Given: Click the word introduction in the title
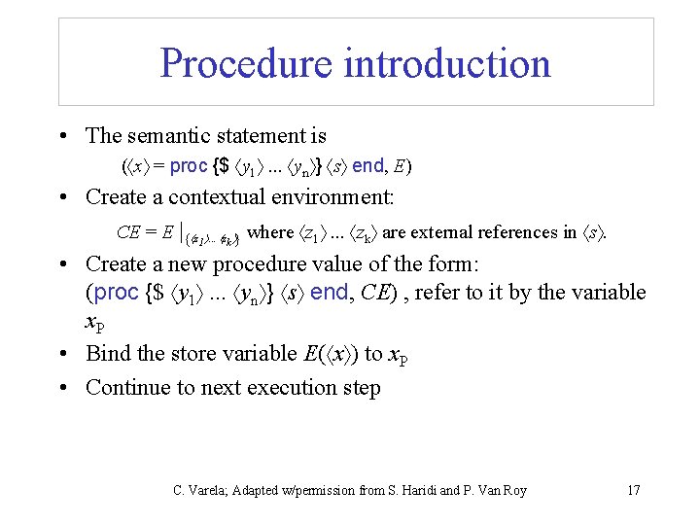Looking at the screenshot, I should (x=446, y=63).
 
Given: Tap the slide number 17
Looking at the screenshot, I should (x=633, y=489).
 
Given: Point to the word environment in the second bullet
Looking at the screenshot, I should (x=330, y=197).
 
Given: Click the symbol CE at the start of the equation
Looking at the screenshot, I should (x=128, y=232).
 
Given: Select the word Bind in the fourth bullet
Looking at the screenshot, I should (x=107, y=353).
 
